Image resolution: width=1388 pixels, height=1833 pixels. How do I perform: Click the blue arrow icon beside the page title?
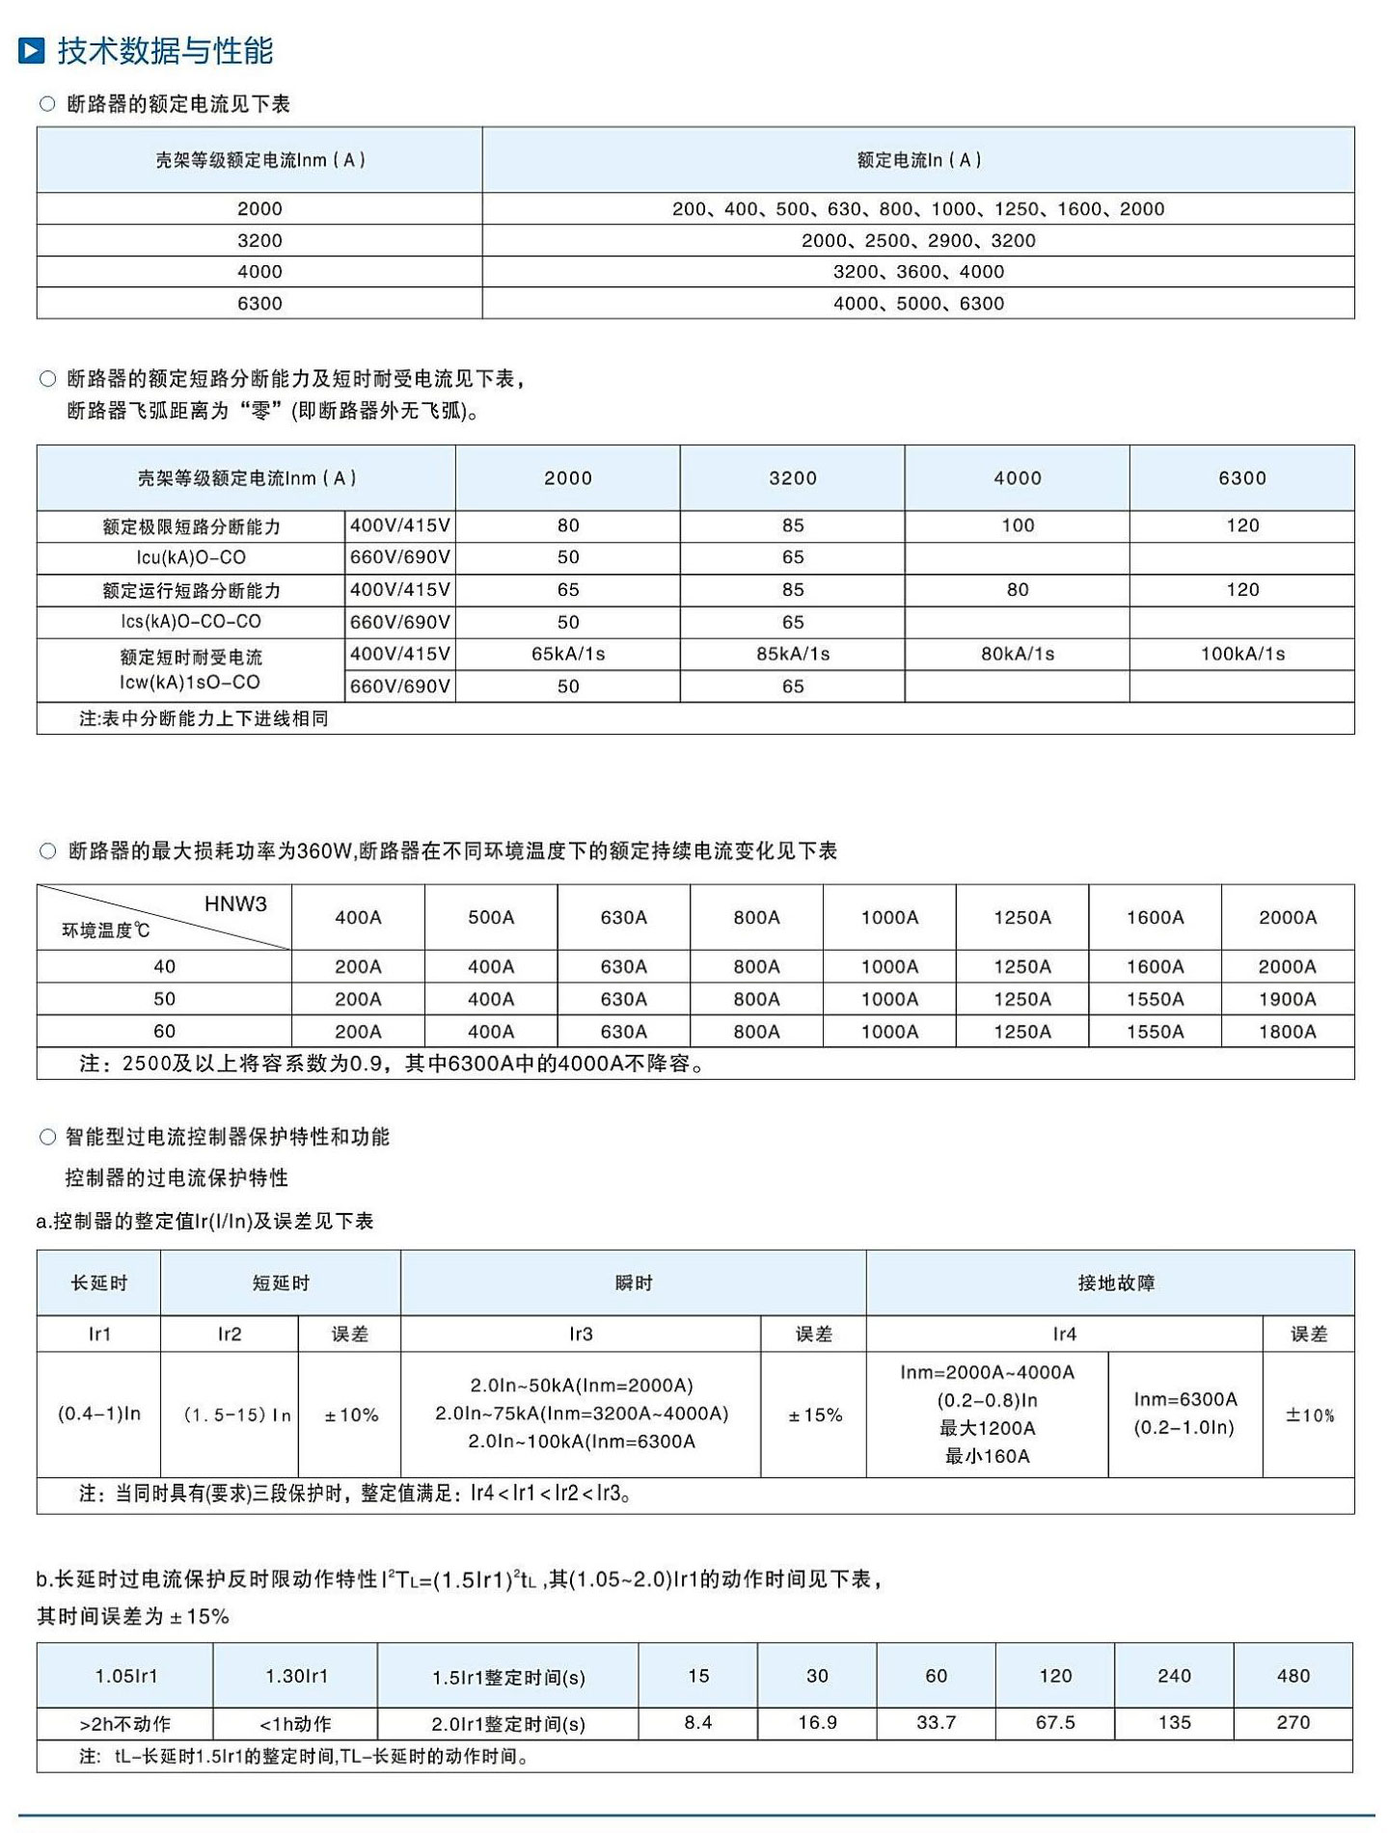(x=32, y=50)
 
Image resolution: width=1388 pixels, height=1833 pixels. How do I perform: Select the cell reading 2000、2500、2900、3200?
(x=918, y=240)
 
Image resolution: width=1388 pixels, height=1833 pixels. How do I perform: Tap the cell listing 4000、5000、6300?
(x=918, y=303)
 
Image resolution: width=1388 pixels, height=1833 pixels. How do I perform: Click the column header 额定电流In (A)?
(x=918, y=160)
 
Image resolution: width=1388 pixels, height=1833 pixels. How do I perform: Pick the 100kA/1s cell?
(x=1242, y=654)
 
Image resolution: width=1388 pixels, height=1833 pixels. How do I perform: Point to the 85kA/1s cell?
(x=792, y=654)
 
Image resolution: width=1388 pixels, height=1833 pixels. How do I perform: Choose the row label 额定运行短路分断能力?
(x=191, y=590)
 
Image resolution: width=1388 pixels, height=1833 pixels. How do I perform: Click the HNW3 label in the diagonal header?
(x=235, y=903)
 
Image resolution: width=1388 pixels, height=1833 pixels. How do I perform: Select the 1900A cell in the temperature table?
(x=1287, y=999)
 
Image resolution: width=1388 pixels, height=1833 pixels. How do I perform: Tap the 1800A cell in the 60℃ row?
(x=1287, y=1032)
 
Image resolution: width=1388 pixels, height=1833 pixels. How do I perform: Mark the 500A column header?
(x=491, y=918)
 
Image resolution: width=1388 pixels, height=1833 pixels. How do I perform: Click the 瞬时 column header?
(x=634, y=1283)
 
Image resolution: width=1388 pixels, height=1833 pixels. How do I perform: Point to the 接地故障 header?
(x=1116, y=1283)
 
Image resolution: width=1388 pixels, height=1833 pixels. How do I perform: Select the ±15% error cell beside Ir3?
(x=815, y=1415)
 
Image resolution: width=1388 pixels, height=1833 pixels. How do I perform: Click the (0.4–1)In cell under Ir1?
(x=99, y=1414)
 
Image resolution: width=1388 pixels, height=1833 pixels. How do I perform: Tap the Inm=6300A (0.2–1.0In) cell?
(x=1184, y=1414)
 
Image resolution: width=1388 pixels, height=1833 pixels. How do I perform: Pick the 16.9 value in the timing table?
(x=817, y=1722)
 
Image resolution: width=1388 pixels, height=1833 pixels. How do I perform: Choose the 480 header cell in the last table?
(x=1293, y=1676)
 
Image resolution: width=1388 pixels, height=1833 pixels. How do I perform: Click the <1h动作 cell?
(x=295, y=1723)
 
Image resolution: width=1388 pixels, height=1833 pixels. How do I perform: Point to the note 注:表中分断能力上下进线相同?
(x=204, y=718)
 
